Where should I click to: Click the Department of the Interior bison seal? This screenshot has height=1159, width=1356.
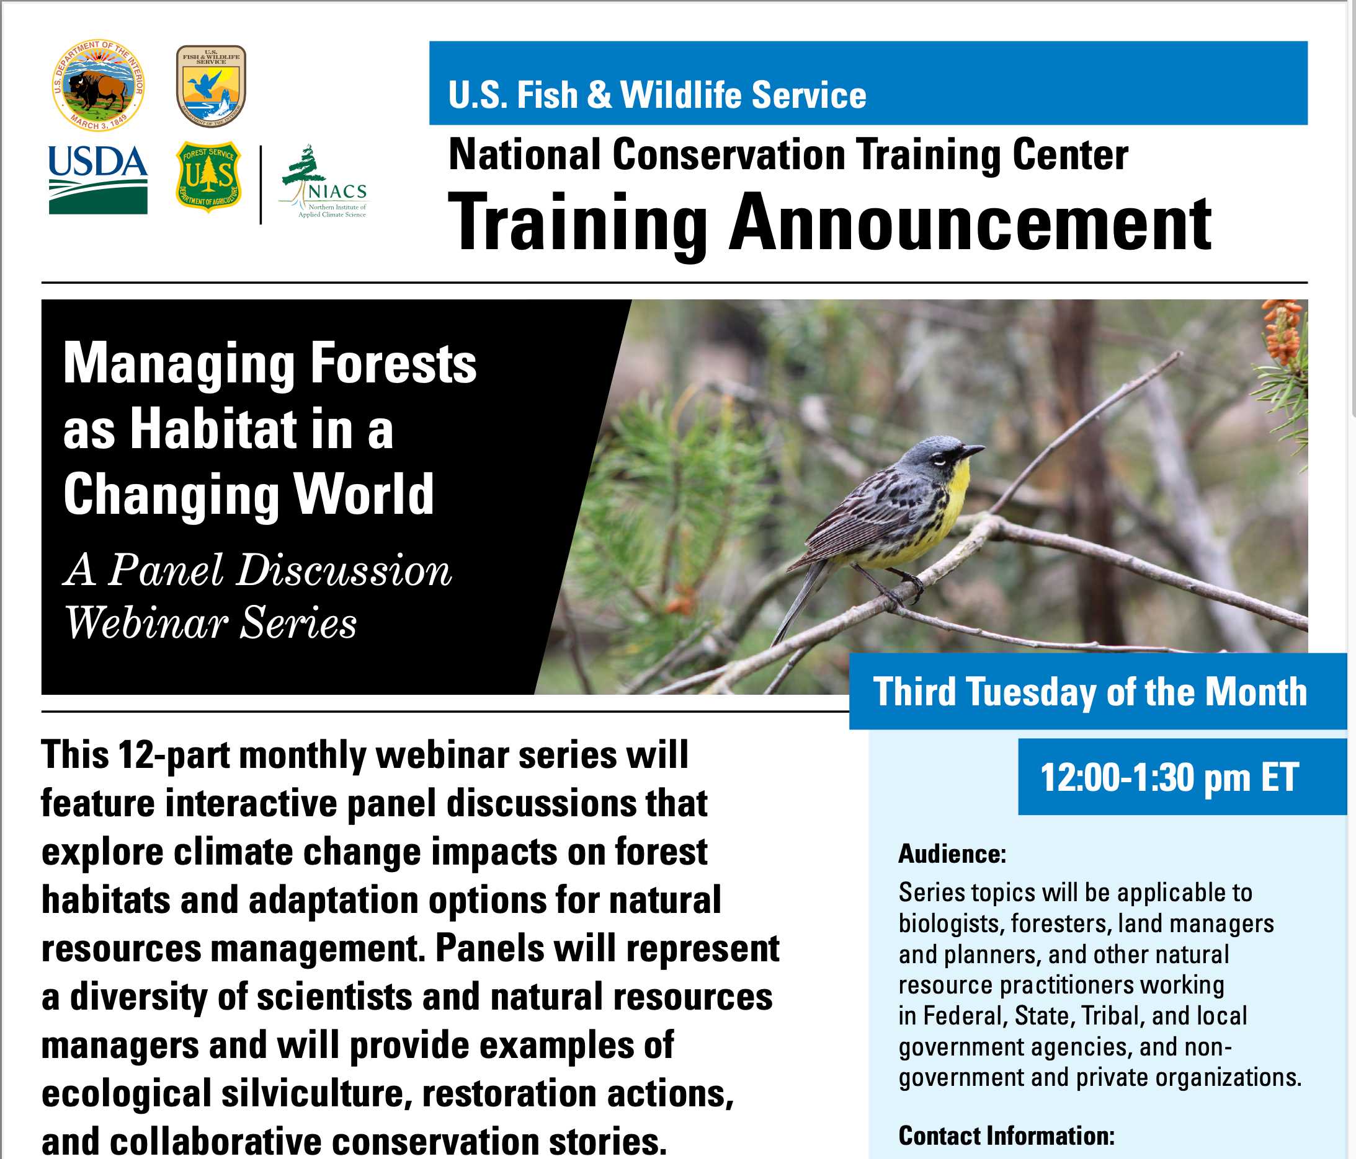coord(98,85)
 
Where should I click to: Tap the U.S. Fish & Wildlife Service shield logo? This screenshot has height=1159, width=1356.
coord(211,86)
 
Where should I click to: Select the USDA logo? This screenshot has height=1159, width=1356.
coord(98,179)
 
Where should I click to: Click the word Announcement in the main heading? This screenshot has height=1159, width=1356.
coord(970,224)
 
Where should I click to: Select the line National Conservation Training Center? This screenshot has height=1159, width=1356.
coord(788,155)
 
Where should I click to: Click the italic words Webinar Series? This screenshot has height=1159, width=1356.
coord(211,622)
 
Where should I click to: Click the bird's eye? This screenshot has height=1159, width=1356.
coord(941,460)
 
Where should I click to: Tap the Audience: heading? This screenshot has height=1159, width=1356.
coord(952,853)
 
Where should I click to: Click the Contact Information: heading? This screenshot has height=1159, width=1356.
coord(1007,1135)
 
